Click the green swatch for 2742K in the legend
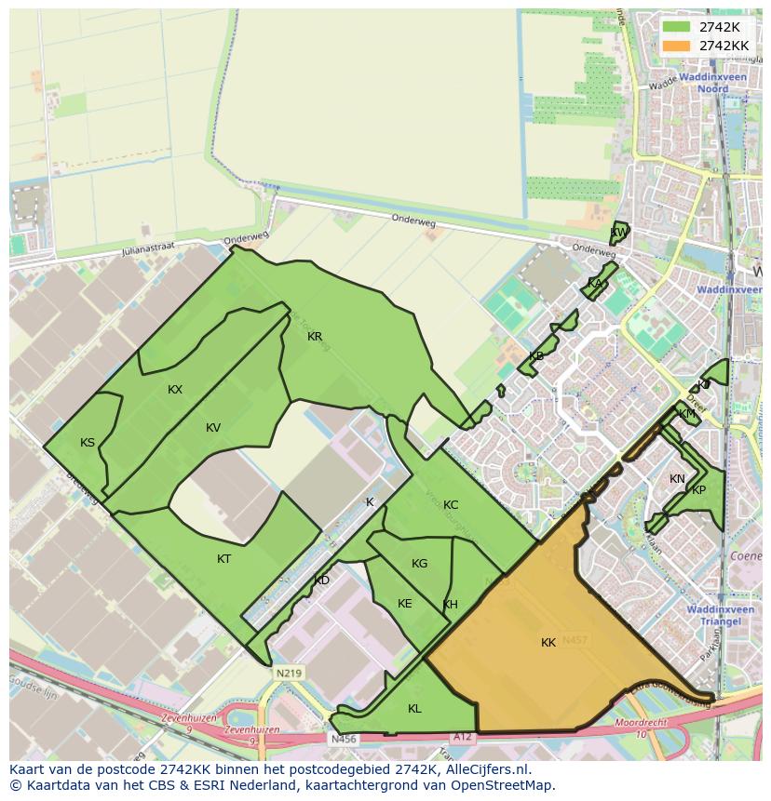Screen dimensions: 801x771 pyautogui.click(x=676, y=27)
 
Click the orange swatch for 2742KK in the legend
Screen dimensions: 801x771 pyautogui.click(x=676, y=46)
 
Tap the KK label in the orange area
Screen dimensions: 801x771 pyautogui.click(x=548, y=643)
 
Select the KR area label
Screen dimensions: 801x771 pyautogui.click(x=315, y=337)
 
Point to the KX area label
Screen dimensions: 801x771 pyautogui.click(x=175, y=390)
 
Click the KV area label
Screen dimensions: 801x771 pyautogui.click(x=213, y=428)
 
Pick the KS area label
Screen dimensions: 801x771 pyautogui.click(x=88, y=443)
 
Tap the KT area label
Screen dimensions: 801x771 pyautogui.click(x=223, y=559)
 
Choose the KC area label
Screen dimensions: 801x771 pyautogui.click(x=451, y=505)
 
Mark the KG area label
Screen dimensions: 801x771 pyautogui.click(x=419, y=564)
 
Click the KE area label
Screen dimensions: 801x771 pyautogui.click(x=404, y=604)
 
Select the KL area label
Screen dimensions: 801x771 pyautogui.click(x=414, y=709)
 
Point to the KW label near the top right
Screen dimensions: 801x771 pyautogui.click(x=617, y=233)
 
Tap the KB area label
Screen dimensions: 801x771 pyautogui.click(x=536, y=356)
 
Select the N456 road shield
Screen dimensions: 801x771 pyautogui.click(x=344, y=740)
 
